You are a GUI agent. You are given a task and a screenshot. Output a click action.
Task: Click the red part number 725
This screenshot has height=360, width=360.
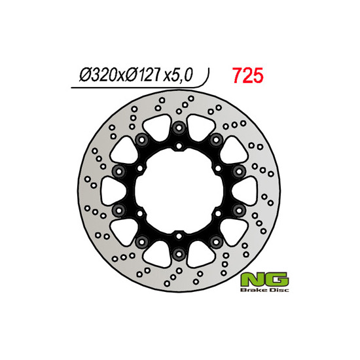pos(247,75)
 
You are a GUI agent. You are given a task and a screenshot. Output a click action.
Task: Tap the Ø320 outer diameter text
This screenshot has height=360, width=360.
pos(98,75)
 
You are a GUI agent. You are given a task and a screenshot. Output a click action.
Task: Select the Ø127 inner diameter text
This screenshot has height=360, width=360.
pos(142,75)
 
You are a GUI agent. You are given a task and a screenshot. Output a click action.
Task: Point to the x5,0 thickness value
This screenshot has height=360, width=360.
pos(177,75)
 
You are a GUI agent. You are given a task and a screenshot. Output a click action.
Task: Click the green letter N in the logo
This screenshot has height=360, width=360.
pos(252,279)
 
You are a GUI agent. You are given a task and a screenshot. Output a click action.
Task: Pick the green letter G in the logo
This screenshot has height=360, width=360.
pos(276,279)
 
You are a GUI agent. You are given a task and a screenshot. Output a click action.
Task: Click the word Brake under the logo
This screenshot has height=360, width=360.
pos(253,290)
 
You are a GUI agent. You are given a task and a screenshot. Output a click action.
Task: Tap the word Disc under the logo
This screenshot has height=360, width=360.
pos(278,290)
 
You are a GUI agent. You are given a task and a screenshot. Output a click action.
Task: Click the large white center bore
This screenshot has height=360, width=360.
pos(179,191)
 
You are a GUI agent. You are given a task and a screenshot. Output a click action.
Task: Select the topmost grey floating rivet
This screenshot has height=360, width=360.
pos(179,128)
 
